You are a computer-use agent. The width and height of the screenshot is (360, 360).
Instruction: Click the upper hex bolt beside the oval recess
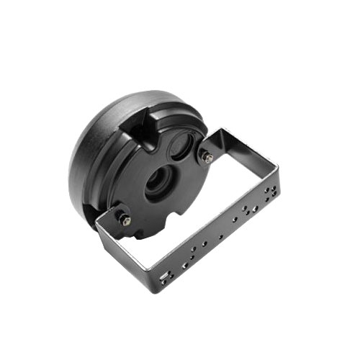pyautogui.click(x=208, y=157)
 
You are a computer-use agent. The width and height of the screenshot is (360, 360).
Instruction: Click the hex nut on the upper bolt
pyautogui.click(x=208, y=157)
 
